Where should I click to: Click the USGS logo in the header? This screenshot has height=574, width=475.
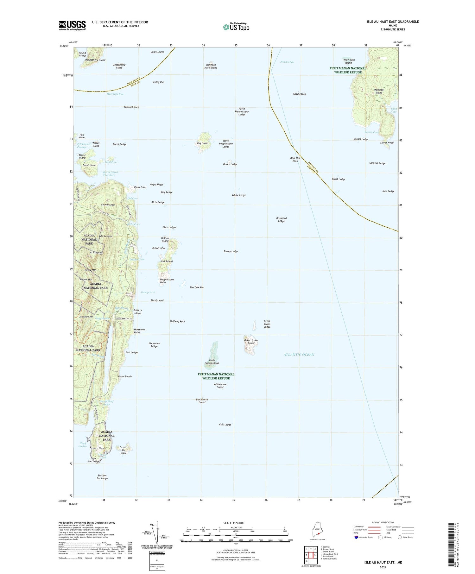72,25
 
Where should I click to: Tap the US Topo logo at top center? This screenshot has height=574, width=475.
236,27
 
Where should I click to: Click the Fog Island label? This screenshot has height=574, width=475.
203,143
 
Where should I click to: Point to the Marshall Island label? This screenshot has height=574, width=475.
379,91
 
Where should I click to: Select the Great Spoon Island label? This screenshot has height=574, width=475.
251,342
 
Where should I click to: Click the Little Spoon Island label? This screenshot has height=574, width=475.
212,362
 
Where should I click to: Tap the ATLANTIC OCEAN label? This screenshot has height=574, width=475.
299,355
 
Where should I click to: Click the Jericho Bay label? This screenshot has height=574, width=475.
287,62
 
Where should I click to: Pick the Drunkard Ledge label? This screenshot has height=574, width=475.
281,219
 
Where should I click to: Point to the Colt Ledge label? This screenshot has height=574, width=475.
225,425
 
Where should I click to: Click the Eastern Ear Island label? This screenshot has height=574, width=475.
124,450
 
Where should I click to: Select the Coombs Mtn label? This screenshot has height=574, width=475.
108,205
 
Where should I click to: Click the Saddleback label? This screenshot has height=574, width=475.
299,94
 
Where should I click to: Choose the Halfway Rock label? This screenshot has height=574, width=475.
177,321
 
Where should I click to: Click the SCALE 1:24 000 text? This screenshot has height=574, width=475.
236,523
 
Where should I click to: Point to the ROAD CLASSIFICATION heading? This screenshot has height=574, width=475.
383,522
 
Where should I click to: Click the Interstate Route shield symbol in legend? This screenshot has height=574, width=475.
356,537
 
